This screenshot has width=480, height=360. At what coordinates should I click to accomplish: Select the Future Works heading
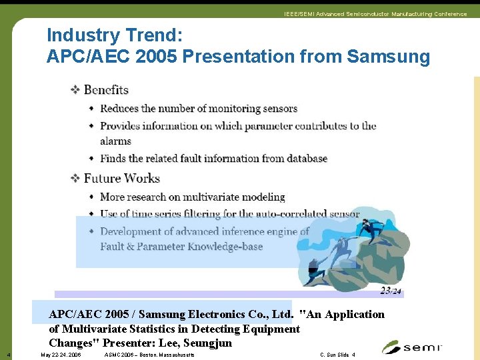121,178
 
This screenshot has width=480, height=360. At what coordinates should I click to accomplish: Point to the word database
304,159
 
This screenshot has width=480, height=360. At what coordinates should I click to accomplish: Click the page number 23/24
391,291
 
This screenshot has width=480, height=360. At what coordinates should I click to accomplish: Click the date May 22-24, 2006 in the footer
61,355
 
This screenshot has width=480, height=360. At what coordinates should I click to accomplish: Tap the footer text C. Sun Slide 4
337,355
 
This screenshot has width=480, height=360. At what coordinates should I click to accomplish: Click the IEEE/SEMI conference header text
375,14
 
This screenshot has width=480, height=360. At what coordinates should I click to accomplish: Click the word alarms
115,141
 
